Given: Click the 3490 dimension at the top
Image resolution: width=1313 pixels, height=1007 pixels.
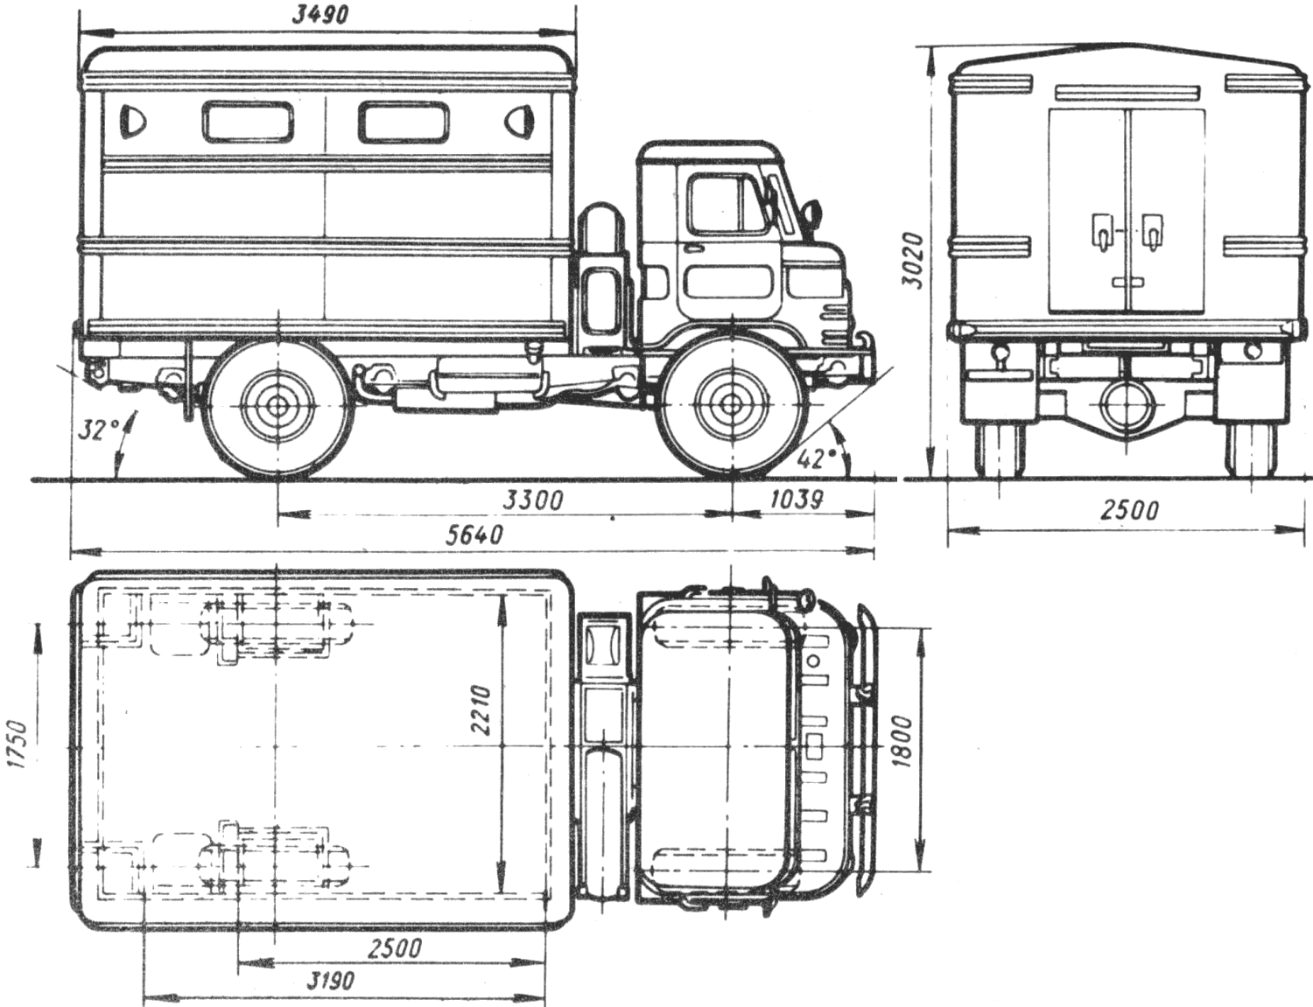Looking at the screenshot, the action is point(319,15).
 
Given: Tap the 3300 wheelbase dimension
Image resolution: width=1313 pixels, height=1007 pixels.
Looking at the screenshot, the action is point(534,500).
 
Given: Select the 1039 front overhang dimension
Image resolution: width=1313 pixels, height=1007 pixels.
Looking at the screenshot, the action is point(797,500).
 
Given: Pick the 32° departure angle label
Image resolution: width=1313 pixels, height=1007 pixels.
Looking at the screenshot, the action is point(97,430).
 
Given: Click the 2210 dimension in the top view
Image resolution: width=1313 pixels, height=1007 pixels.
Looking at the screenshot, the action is point(481,710).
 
